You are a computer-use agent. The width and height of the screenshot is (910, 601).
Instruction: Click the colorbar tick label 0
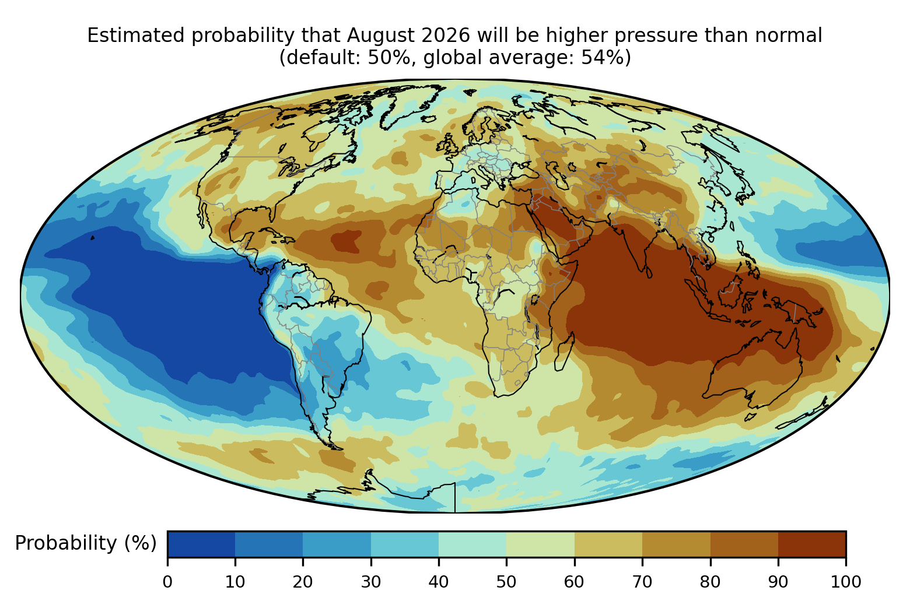(x=167, y=582)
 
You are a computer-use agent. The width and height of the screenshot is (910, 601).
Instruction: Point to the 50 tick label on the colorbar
(x=506, y=582)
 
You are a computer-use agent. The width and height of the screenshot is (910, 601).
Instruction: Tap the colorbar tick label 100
(x=846, y=582)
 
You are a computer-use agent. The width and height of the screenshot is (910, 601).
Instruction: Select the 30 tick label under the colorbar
(x=371, y=582)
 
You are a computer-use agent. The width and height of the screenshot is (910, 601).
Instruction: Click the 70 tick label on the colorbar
(x=642, y=582)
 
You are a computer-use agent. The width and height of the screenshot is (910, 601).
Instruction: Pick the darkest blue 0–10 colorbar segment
(x=201, y=544)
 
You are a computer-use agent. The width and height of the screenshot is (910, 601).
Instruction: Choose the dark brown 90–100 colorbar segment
(x=812, y=544)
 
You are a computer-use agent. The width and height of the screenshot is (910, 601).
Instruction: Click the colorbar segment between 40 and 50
(x=473, y=544)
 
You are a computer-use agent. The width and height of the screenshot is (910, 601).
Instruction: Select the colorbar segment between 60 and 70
(x=608, y=544)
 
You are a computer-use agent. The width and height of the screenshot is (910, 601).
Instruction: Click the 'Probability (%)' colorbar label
(x=86, y=543)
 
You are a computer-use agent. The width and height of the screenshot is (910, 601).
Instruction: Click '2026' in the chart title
(x=446, y=36)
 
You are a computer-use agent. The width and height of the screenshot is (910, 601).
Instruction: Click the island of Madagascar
(x=565, y=352)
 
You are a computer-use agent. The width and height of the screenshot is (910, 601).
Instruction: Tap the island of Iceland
(x=428, y=119)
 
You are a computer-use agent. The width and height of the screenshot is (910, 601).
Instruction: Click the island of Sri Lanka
(x=649, y=272)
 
